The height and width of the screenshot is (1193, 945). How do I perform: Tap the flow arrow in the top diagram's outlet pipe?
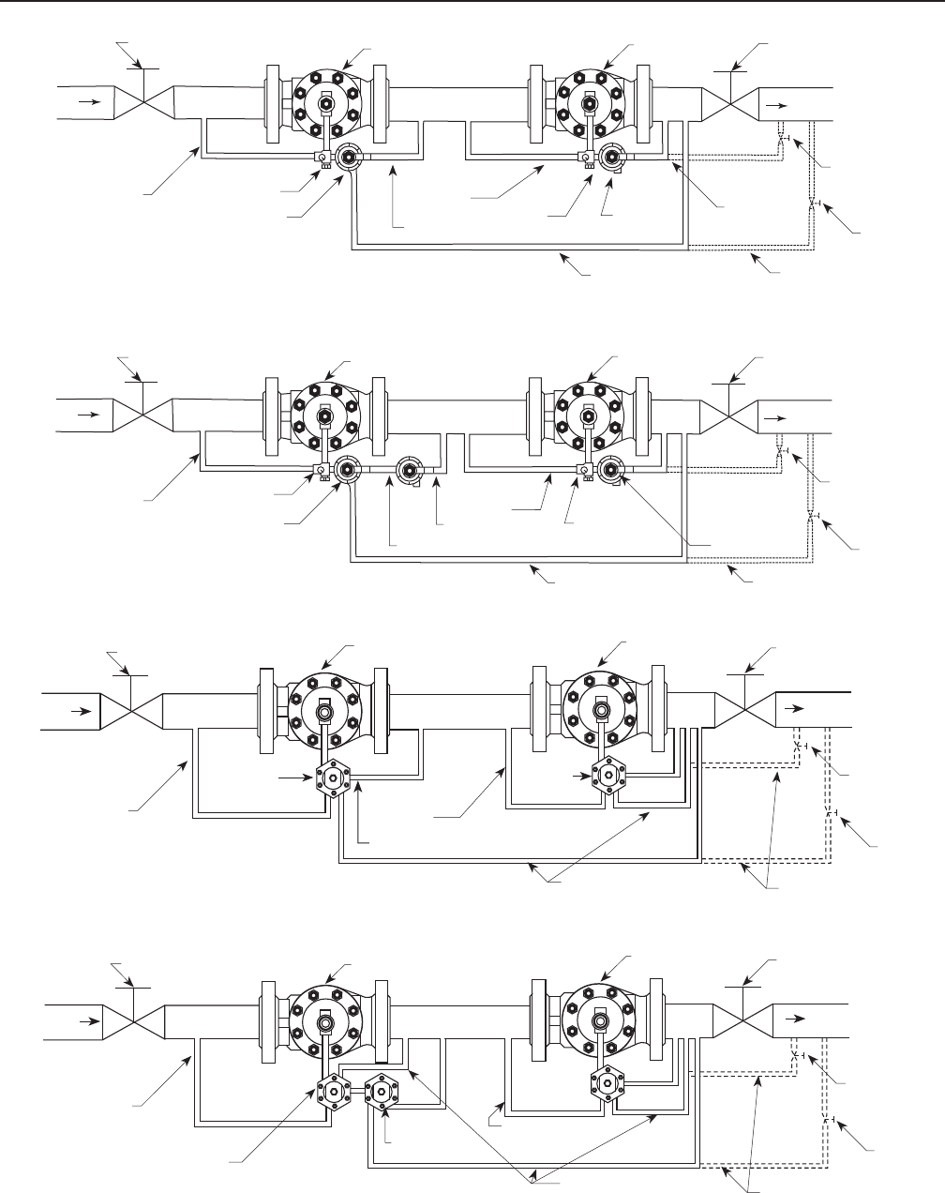click(774, 106)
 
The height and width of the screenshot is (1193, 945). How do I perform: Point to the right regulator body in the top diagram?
click(588, 102)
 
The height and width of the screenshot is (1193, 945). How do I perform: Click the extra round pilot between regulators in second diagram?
click(409, 470)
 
